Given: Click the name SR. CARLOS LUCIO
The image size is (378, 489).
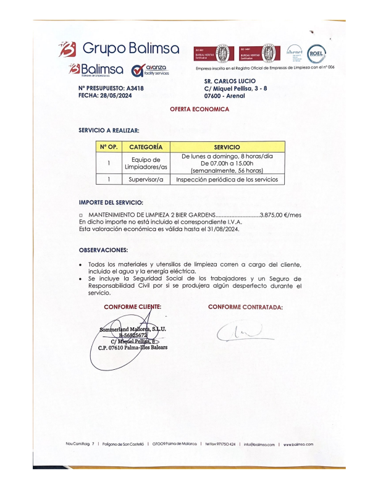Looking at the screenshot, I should tap(229, 81).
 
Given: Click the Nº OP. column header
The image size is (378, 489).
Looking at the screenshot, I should tap(108, 147).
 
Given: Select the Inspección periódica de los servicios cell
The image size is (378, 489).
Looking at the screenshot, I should tap(227, 180).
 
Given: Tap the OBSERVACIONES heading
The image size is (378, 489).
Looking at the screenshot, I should tap(103, 250).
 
